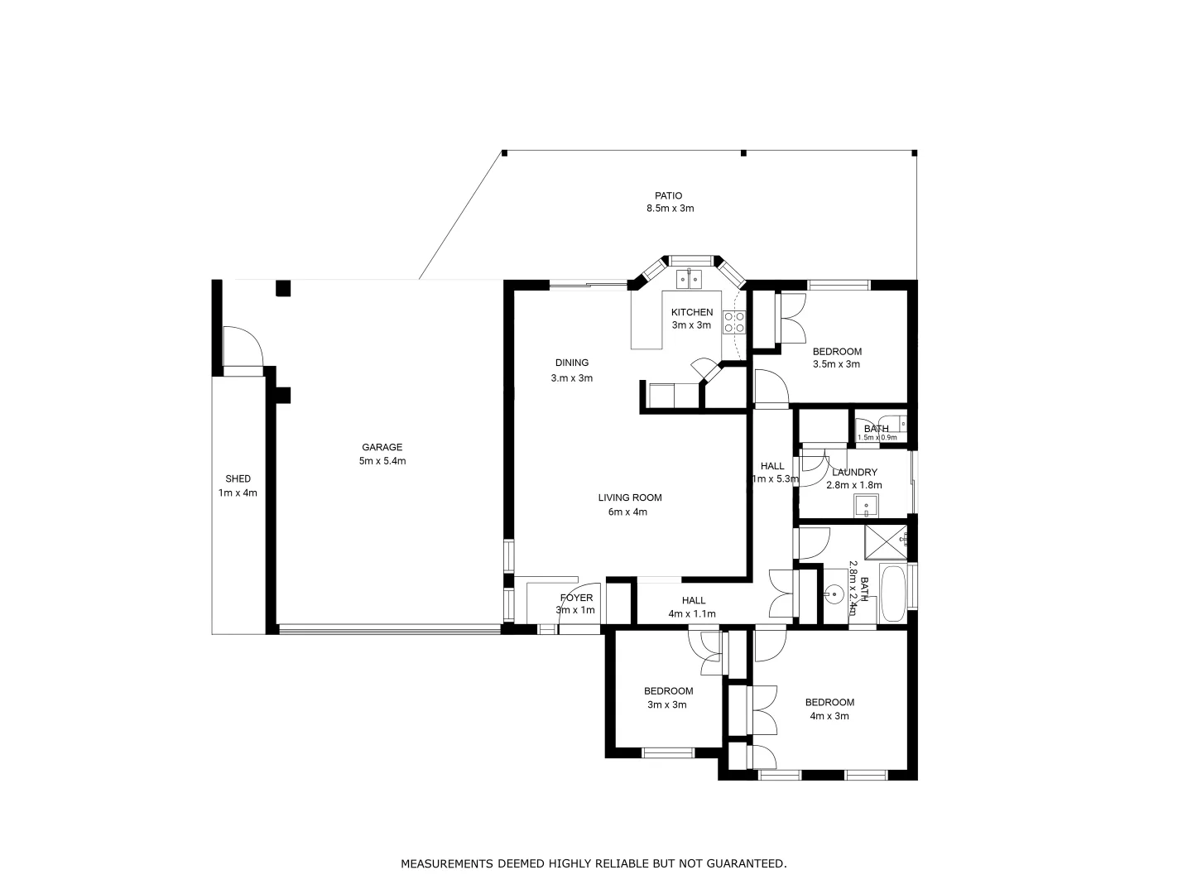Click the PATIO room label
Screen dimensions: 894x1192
[x=669, y=196]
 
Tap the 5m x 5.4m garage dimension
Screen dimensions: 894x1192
[x=382, y=461]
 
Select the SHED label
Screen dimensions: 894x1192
[x=238, y=478]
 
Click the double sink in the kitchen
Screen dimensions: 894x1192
[x=688, y=279]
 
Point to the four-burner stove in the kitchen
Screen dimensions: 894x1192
[x=733, y=322]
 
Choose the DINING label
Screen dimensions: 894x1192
[x=572, y=363]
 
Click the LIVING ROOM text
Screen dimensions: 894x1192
[x=630, y=497]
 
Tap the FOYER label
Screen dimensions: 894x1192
[x=576, y=598]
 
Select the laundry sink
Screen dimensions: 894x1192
[x=867, y=504]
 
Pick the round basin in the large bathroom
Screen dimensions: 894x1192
[x=834, y=593]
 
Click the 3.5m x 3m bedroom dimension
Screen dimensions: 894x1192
[x=836, y=364]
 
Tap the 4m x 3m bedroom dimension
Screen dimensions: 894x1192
[x=829, y=716]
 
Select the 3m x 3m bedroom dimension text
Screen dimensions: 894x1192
[x=667, y=705]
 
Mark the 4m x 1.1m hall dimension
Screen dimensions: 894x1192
[x=692, y=614]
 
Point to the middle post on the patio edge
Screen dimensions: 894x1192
[x=743, y=153]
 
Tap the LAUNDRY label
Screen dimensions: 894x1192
[x=854, y=473]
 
